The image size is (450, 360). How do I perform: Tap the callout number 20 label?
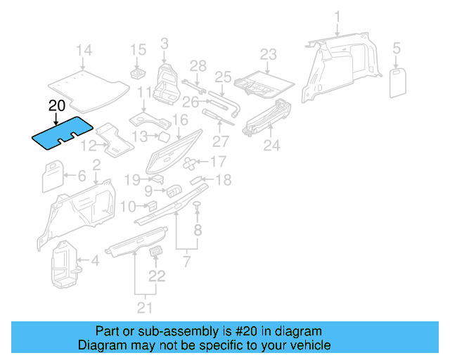coord(57,106)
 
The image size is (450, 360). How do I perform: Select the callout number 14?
coord(84,50)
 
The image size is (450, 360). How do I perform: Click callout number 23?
coord(269,54)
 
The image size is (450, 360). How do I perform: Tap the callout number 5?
coord(397,49)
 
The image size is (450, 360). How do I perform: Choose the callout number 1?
coord(337,16)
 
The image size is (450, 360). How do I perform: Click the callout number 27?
coord(220,141)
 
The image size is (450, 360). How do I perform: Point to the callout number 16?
coord(180,120)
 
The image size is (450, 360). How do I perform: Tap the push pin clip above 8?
coord(198,205)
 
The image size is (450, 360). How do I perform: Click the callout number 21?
coord(146,307)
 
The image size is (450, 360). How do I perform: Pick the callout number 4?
coord(95,262)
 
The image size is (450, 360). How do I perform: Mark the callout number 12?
coord(89,146)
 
